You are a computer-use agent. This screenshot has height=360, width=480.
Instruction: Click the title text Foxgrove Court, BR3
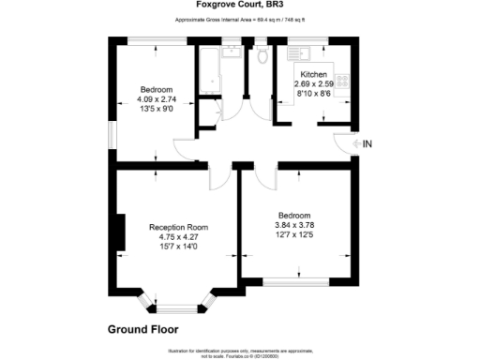click(240, 5)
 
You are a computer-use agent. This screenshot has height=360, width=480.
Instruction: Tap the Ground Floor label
click(142, 330)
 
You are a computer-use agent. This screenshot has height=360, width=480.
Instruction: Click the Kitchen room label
click(313, 74)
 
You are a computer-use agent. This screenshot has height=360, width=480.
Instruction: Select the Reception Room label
click(179, 228)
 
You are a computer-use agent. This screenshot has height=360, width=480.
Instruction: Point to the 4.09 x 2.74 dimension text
click(157, 99)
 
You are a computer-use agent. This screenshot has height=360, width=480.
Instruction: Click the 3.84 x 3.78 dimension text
click(293, 225)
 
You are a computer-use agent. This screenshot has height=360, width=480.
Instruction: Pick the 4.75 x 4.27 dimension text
click(179, 237)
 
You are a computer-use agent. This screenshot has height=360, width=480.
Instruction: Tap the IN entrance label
click(367, 144)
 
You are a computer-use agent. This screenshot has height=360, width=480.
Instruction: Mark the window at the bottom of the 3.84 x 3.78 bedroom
click(298, 280)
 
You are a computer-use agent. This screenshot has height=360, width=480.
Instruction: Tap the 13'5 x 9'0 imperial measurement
click(157, 109)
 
